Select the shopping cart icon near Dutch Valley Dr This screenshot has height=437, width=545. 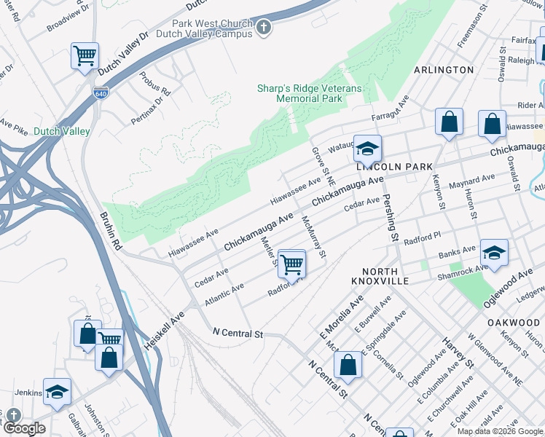point(85,55)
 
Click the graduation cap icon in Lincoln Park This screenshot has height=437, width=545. point(368,148)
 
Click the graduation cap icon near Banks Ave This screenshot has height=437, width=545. point(494,253)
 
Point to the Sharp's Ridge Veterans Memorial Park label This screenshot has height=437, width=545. point(309,93)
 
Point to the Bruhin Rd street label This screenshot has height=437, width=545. point(109,232)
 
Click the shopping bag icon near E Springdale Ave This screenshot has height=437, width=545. point(348,364)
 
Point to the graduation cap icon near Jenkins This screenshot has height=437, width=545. point(57,391)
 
